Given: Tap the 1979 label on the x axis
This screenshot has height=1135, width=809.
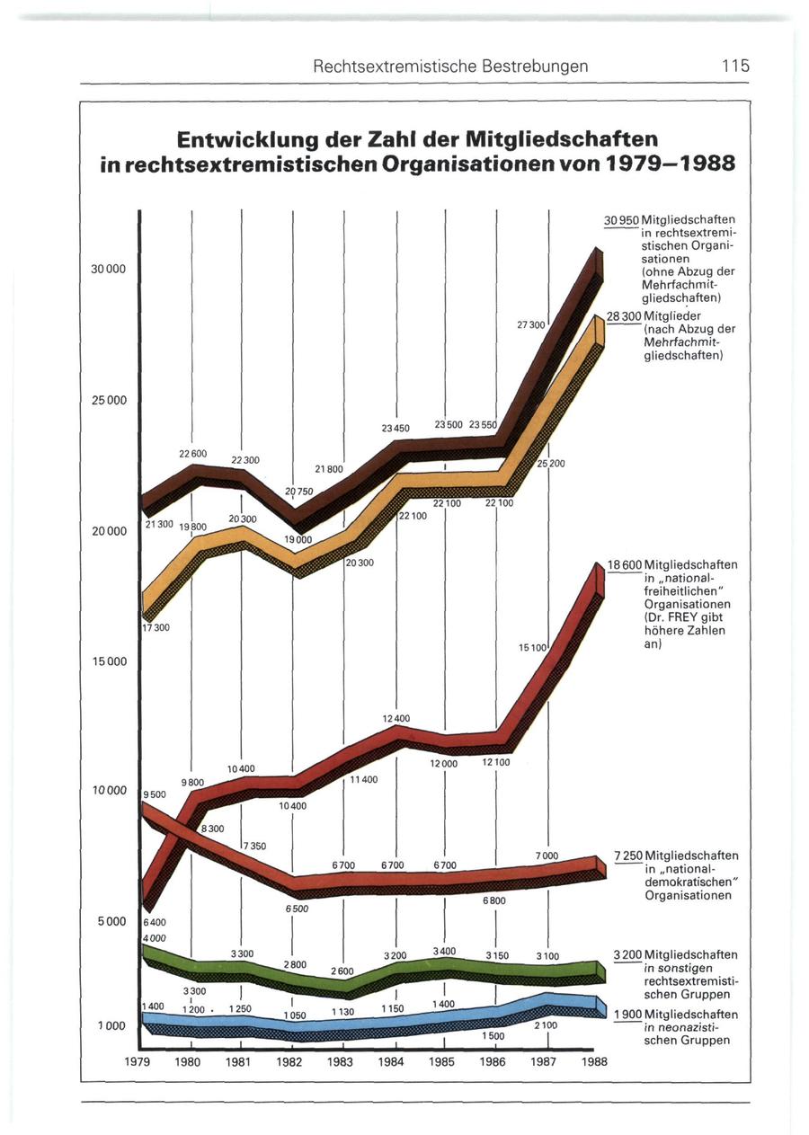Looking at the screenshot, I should (x=142, y=1061).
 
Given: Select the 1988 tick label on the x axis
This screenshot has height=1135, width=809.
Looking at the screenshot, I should (x=594, y=1061).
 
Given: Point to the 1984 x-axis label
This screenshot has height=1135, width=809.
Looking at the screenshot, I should (x=394, y=1061).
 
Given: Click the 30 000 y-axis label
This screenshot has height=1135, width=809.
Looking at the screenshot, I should (x=112, y=270).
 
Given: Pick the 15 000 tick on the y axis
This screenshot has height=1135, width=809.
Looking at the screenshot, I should (x=112, y=661).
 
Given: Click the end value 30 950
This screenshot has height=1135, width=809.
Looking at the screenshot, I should (x=623, y=219).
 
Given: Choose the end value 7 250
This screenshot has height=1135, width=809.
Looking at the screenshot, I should (x=627, y=855).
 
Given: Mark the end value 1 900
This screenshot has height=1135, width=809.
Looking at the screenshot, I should (x=627, y=1014).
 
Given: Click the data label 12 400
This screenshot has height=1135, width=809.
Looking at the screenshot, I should (x=396, y=718).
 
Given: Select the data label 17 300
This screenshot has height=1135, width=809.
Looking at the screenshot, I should (x=156, y=627).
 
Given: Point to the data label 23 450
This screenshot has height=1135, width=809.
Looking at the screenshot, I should (x=396, y=429).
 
